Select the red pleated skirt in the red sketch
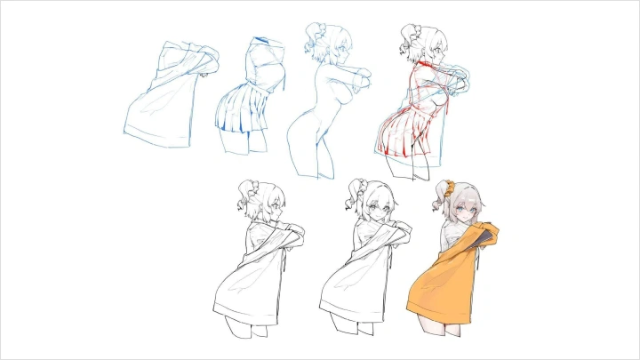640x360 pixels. coord(404,133)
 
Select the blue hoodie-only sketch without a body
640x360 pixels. coord(164,98)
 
